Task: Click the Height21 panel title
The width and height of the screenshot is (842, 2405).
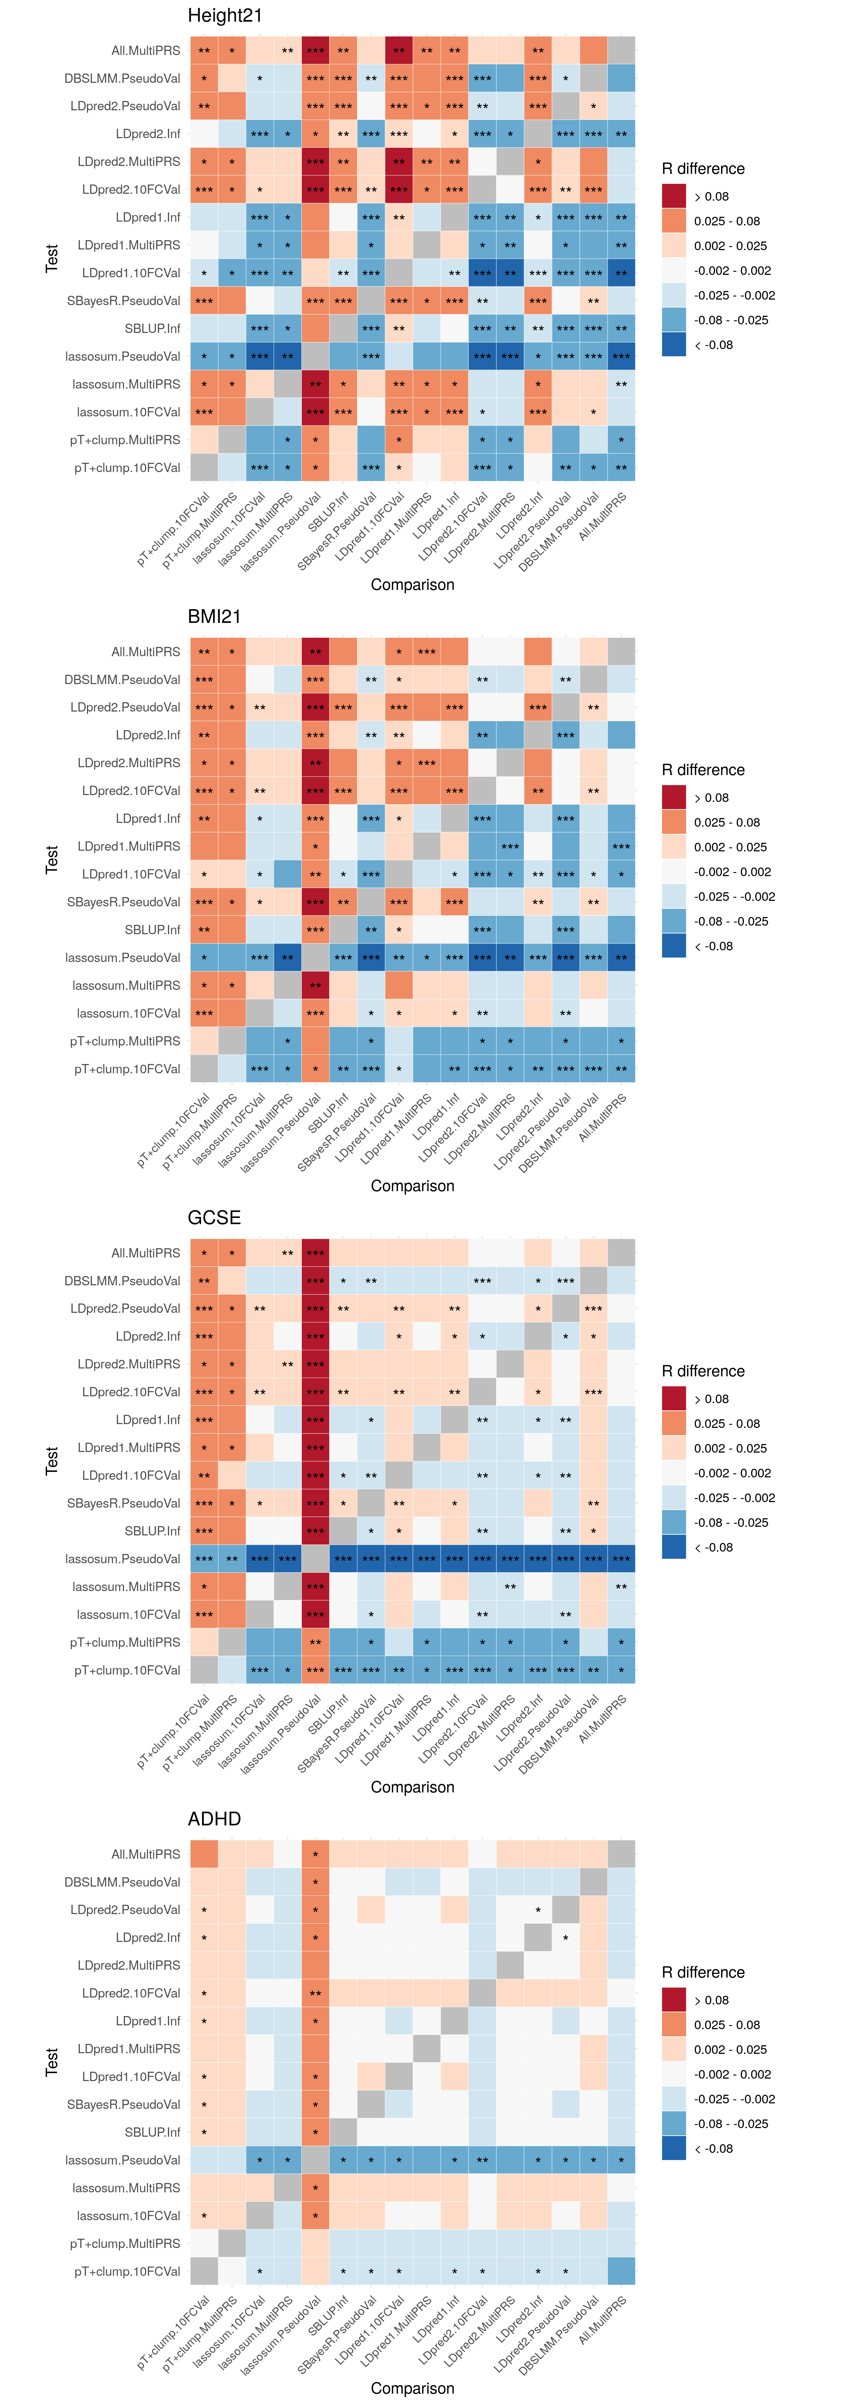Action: (225, 16)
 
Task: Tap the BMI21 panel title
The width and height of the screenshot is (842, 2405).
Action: (215, 617)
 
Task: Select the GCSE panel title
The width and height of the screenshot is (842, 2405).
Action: (215, 1218)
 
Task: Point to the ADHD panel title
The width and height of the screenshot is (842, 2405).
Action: (215, 1820)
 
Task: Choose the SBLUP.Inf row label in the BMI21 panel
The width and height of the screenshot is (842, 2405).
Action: (152, 930)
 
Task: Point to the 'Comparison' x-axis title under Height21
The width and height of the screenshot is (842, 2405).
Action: (413, 584)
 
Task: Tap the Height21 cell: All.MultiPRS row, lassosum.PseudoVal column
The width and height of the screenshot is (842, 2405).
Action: (315, 51)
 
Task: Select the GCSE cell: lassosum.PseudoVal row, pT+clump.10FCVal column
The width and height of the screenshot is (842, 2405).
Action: (204, 1559)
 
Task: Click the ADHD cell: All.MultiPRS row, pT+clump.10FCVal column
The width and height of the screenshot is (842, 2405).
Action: (204, 1854)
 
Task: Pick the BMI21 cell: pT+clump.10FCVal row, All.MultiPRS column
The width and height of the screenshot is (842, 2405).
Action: (621, 1069)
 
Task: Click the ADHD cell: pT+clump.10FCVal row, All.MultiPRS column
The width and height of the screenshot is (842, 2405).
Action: (621, 2271)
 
